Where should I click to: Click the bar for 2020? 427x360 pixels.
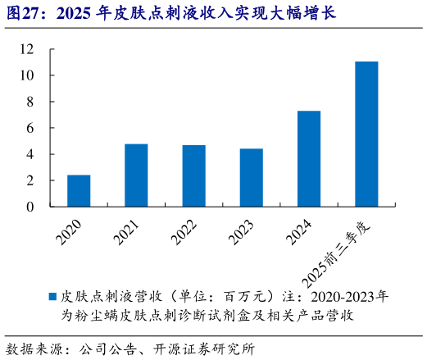click(79, 190)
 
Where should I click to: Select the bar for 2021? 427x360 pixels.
click(136, 175)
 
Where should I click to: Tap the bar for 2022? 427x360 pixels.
click(193, 175)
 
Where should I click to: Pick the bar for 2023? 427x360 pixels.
click(251, 177)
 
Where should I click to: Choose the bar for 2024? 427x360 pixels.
click(308, 158)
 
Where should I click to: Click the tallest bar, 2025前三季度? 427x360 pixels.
click(366, 134)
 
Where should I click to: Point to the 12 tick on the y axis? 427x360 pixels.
click(27, 49)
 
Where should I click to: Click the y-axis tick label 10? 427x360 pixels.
click(27, 75)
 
